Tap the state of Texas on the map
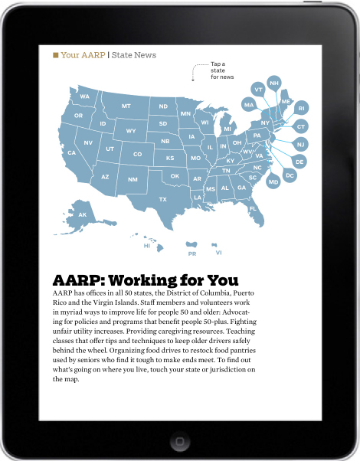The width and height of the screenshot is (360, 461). (x=162, y=198)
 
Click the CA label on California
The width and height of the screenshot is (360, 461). (x=71, y=152)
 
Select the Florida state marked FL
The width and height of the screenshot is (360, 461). (x=252, y=208)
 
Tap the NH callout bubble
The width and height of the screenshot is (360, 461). (x=273, y=83)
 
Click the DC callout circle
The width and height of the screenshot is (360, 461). (x=290, y=175)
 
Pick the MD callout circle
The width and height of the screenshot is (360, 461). (x=273, y=181)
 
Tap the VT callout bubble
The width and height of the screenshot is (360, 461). (x=258, y=90)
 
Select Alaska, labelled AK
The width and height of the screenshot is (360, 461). (x=82, y=215)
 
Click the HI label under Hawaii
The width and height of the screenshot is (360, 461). (x=146, y=246)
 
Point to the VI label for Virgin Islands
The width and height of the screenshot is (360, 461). (x=218, y=252)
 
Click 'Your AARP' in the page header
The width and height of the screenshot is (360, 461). (x=83, y=55)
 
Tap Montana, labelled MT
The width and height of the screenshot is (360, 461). (x=126, y=106)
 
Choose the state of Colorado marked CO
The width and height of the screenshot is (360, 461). (x=137, y=154)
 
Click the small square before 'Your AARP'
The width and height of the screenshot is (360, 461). (x=55, y=55)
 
